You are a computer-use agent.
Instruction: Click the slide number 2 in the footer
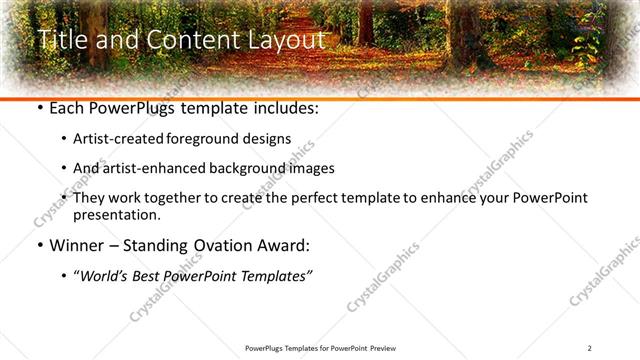(590, 348)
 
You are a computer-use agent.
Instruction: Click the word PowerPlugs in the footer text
(264, 348)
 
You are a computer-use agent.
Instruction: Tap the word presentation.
(116, 215)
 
